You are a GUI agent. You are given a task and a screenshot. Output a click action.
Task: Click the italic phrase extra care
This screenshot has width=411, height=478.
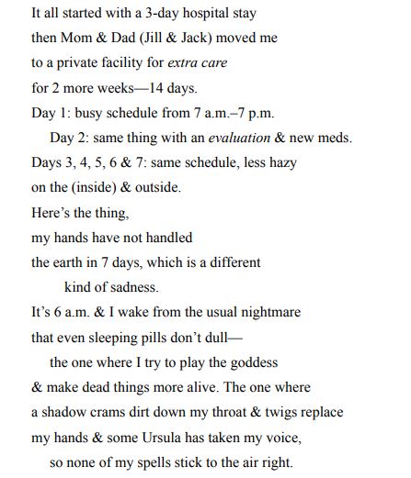point(195,65)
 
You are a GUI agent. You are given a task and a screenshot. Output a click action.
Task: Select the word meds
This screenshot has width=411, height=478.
point(334,139)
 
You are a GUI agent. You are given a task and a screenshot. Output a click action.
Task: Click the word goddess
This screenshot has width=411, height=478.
point(253,361)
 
